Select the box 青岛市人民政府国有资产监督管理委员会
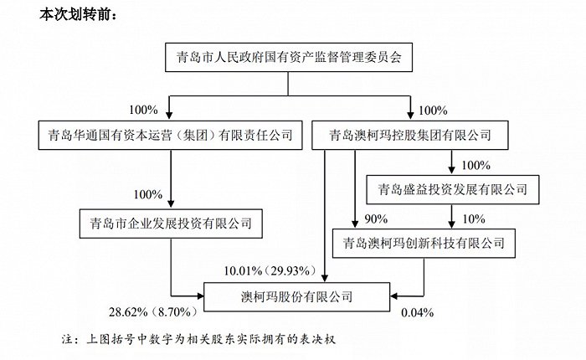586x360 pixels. click(x=289, y=57)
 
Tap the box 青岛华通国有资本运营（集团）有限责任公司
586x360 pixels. click(x=171, y=135)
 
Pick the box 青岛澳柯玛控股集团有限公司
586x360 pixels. click(x=410, y=135)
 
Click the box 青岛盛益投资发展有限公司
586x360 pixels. click(x=453, y=189)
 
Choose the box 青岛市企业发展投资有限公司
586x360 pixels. click(x=171, y=224)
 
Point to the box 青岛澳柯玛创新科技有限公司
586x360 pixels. click(x=424, y=244)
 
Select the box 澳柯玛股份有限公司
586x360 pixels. click(x=296, y=297)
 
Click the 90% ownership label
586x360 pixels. click(x=376, y=219)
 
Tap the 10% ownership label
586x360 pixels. click(x=474, y=219)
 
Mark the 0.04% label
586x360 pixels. click(x=418, y=312)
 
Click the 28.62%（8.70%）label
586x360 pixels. click(x=153, y=311)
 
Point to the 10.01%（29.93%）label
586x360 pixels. click(x=270, y=270)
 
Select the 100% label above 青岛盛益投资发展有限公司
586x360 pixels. click(x=475, y=165)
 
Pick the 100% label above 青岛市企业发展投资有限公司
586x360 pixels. click(x=148, y=194)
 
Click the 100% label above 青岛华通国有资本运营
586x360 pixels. click(x=143, y=110)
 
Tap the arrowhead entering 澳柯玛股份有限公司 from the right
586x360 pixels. click(x=394, y=296)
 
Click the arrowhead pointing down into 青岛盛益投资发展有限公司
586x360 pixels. click(x=452, y=171)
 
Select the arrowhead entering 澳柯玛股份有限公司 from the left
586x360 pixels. click(x=200, y=296)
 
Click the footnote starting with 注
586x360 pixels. click(x=199, y=339)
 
